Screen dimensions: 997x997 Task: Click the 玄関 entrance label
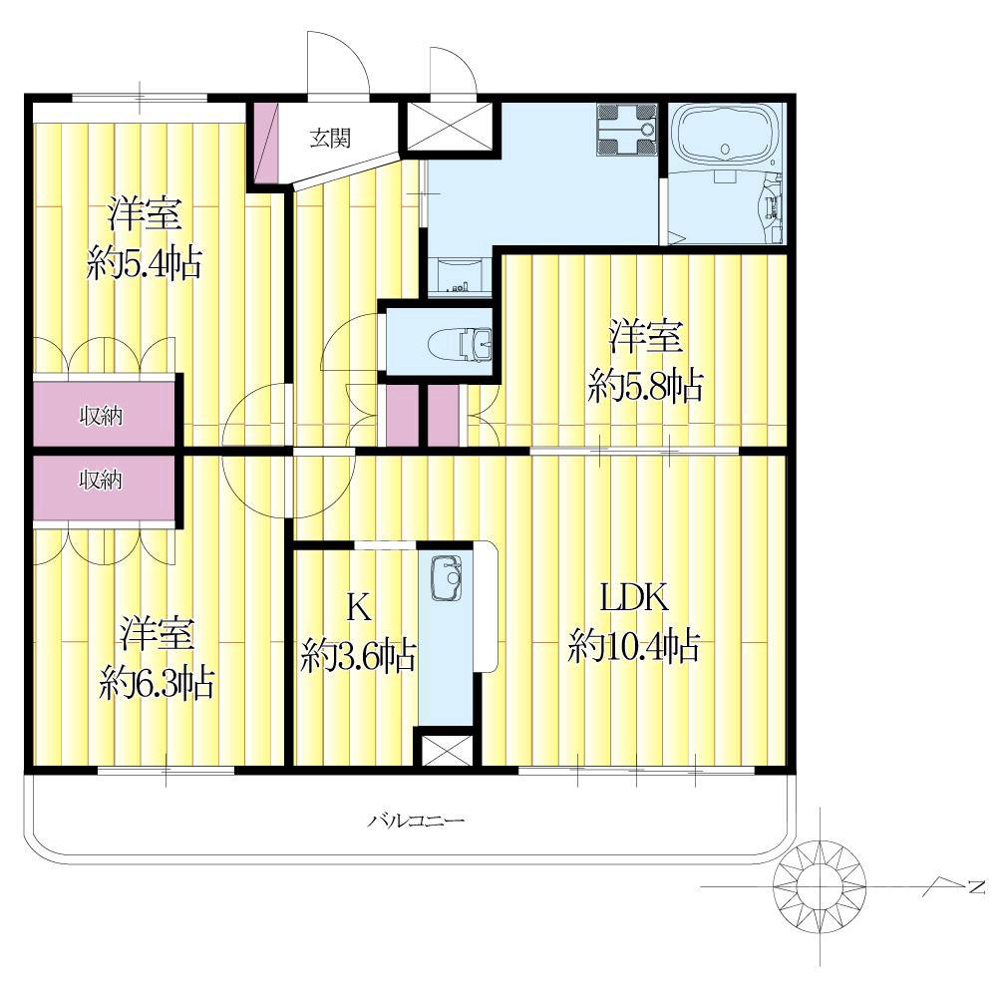(x=330, y=138)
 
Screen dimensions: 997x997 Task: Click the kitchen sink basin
(x=446, y=578)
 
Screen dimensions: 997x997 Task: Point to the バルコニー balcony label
(x=416, y=821)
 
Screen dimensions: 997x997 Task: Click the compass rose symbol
(x=820, y=885)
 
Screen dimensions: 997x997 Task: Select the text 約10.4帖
(x=634, y=646)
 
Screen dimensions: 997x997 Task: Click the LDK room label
(x=634, y=598)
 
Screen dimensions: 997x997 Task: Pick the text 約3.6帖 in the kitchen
(x=359, y=656)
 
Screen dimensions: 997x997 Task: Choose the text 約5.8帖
(x=645, y=385)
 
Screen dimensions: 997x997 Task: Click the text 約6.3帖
(x=157, y=683)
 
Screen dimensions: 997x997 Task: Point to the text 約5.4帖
(x=145, y=262)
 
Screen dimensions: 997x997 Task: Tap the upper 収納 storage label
(x=101, y=416)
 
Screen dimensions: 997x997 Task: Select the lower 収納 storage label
(x=101, y=481)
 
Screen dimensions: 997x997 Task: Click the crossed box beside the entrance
(x=450, y=126)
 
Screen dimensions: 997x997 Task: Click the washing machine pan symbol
(x=626, y=130)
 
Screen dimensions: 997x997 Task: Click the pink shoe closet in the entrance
(x=267, y=143)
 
